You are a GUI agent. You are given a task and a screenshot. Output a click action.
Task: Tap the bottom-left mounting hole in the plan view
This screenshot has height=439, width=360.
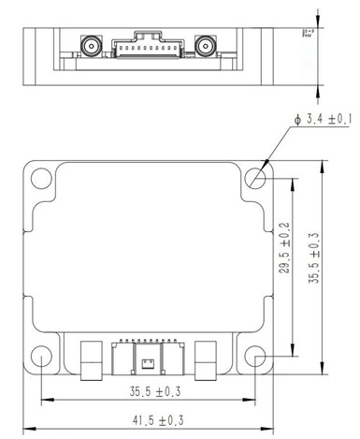pos(41,357)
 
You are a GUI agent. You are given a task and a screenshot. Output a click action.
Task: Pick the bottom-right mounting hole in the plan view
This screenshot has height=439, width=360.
pos(257,357)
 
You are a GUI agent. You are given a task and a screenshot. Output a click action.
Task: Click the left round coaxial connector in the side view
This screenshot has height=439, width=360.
pos(91,45)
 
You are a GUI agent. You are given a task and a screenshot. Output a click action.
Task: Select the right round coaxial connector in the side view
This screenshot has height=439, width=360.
pos(205,45)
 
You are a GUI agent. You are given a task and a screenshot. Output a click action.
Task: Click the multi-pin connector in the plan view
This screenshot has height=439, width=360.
pos(149,358)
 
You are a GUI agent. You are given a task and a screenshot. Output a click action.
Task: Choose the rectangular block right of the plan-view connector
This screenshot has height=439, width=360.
pos(208,358)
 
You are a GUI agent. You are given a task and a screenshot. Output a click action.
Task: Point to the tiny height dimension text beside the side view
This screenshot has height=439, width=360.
pos(307,35)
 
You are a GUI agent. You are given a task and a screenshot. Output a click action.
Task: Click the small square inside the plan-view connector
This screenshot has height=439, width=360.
pos(149,361)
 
